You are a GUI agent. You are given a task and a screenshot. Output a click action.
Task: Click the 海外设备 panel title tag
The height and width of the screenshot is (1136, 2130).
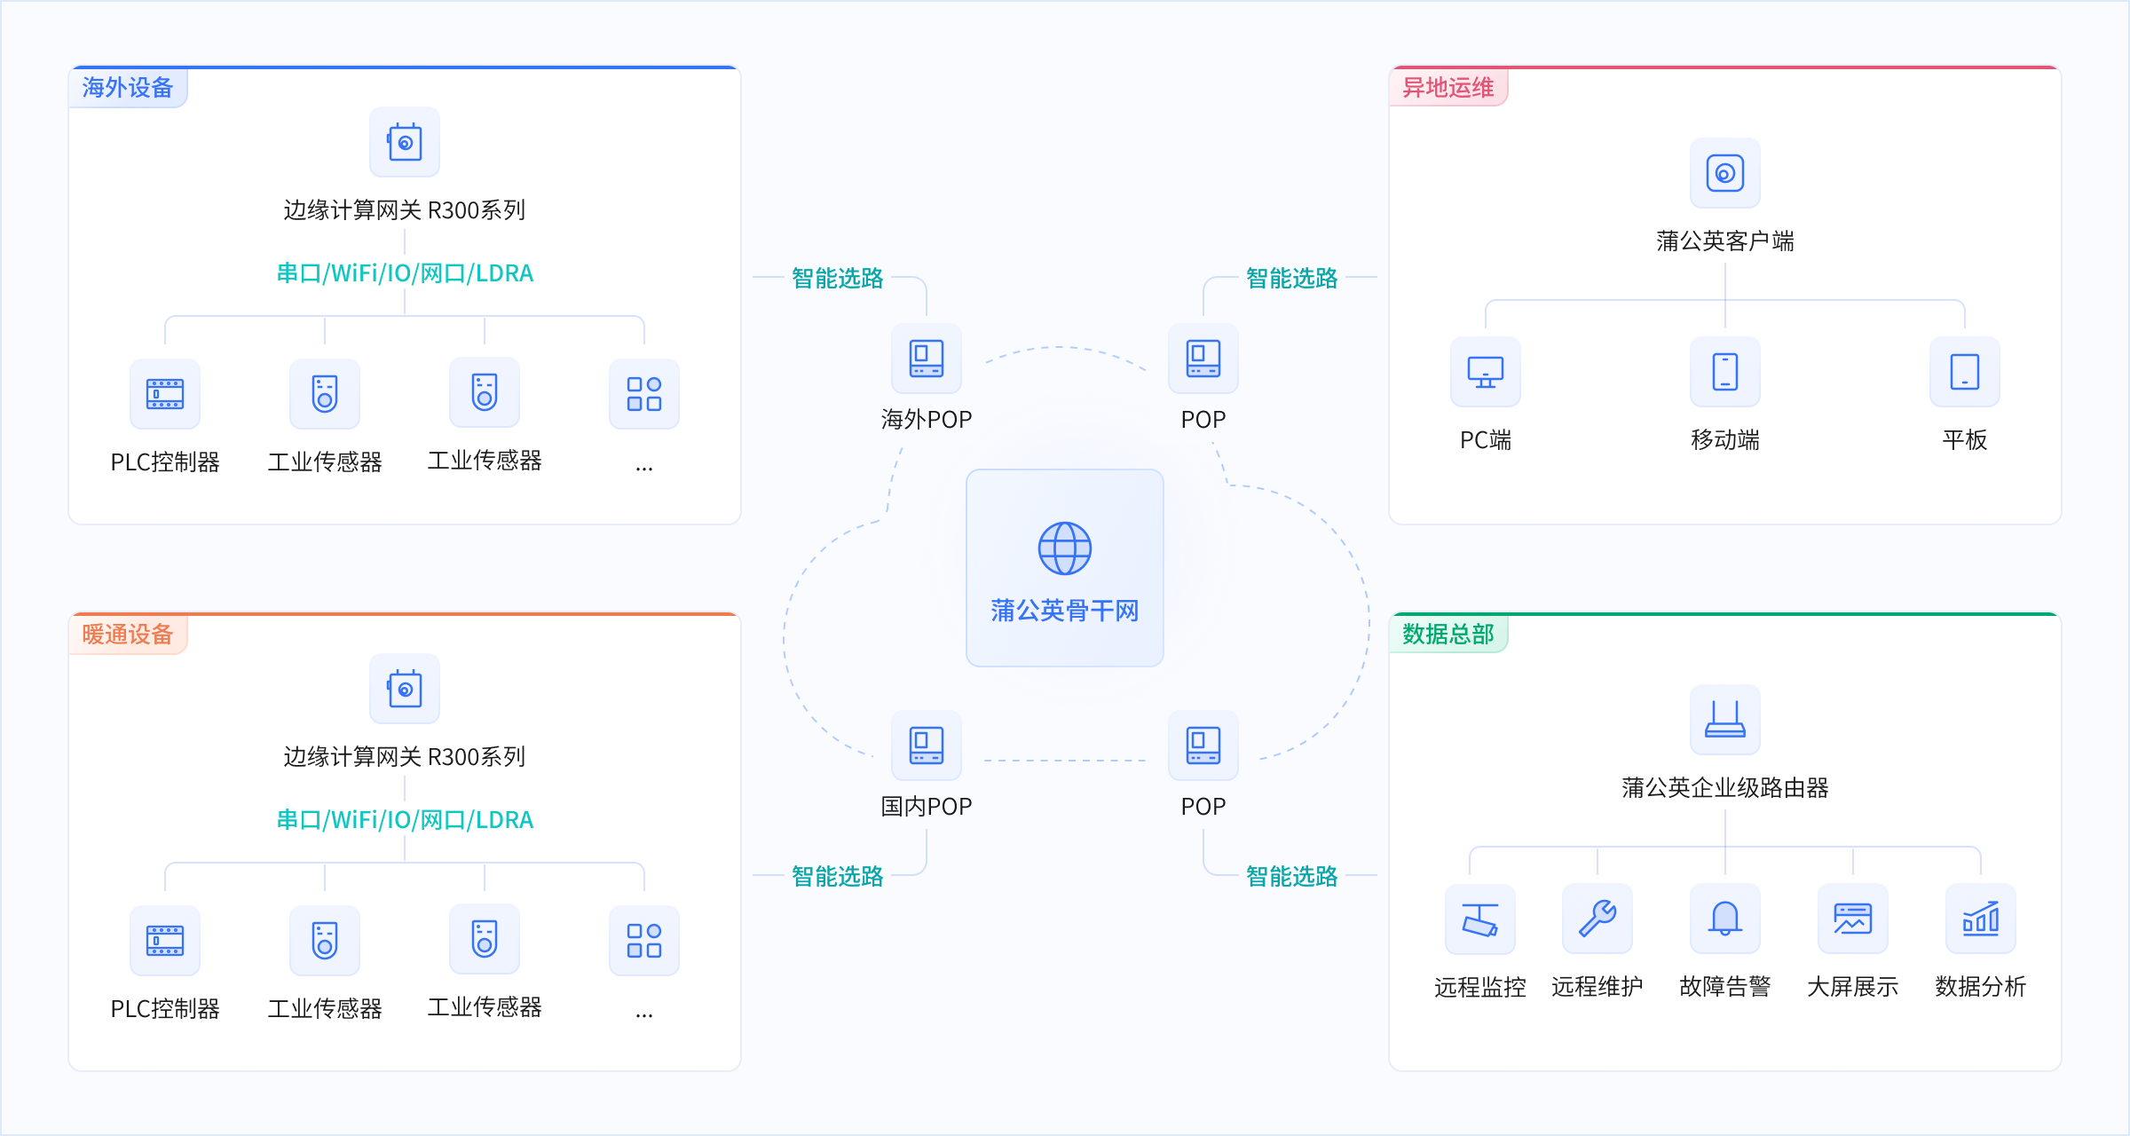coord(128,87)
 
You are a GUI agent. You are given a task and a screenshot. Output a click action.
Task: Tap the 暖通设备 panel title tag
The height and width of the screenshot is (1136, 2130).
coord(128,634)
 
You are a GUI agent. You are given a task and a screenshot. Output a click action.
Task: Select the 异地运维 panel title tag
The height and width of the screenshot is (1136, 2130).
coord(1448,87)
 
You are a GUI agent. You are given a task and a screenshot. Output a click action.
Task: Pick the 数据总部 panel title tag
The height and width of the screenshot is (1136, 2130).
coord(1448,634)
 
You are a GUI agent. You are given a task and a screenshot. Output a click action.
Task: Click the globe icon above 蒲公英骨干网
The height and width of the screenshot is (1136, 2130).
coord(1065,548)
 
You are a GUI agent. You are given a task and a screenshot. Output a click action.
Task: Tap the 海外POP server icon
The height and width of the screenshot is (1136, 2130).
coord(927,359)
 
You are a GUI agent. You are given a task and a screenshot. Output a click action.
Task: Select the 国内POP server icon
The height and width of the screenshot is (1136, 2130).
coord(927,745)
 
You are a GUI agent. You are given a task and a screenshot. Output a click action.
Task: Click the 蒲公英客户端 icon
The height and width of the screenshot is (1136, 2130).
coord(1725,173)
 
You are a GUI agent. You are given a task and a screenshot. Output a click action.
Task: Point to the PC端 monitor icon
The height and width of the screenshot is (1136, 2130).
coord(1486,372)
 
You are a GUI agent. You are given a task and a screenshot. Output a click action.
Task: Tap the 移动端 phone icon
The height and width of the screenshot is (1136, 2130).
coord(1725,372)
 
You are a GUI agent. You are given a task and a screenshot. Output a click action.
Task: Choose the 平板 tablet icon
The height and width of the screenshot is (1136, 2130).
coord(1965,372)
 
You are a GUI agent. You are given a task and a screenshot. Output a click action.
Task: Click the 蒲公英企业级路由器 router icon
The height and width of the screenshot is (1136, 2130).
coord(1725,720)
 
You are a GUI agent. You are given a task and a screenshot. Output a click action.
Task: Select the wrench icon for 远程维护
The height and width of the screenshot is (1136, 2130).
coord(1597,919)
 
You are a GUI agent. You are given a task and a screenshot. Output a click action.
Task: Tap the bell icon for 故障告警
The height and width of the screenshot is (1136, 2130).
coord(1725,919)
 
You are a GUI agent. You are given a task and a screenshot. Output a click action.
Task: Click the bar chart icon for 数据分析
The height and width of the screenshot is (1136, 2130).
coord(1981,919)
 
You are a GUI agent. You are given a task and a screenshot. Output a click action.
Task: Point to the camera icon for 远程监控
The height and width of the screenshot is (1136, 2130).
coord(1480,919)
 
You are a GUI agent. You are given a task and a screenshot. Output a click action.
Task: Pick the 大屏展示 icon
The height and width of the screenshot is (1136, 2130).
coord(1853,919)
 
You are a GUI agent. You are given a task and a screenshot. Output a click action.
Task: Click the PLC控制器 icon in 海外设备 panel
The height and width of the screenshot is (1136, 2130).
coord(165,394)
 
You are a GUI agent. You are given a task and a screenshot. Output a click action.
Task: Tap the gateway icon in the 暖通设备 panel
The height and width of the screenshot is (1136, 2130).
coord(405,689)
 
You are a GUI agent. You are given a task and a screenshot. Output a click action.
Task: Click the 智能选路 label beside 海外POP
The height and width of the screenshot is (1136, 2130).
coord(838,278)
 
